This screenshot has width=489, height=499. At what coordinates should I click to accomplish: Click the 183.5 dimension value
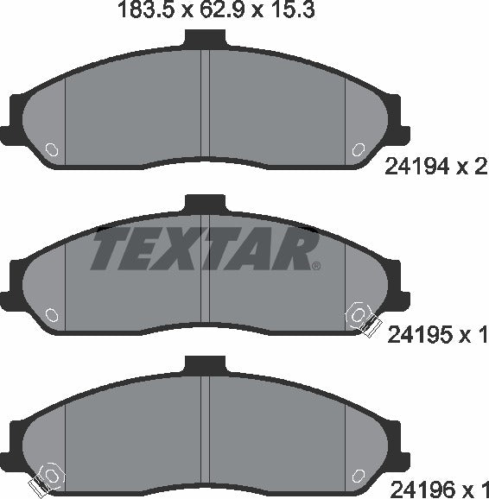[x=139, y=12]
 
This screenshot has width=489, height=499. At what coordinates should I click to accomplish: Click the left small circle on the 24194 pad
[x=51, y=149]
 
